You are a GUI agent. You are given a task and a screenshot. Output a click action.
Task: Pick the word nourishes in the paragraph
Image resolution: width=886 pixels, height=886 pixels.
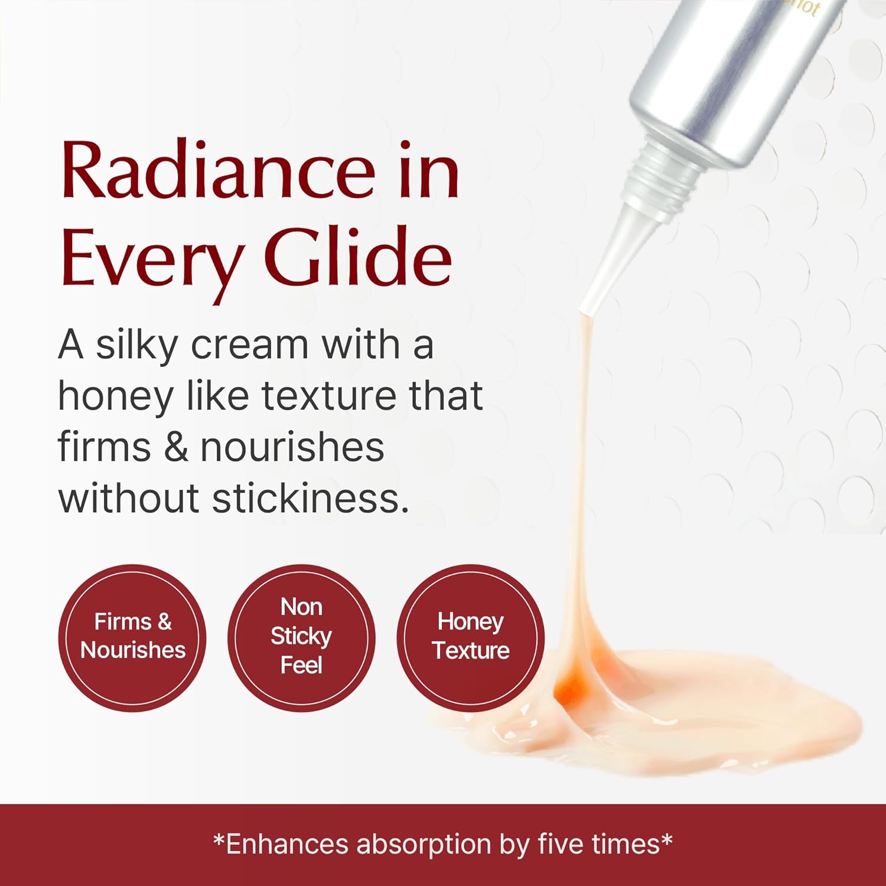coord(292,447)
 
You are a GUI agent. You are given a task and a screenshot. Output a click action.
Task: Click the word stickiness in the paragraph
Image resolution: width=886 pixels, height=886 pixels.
coord(311,498)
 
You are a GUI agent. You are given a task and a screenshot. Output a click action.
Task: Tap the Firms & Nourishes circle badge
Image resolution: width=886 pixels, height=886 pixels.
coord(132,637)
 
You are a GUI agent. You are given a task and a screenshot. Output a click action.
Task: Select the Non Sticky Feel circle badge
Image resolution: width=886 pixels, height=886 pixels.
coord(301,637)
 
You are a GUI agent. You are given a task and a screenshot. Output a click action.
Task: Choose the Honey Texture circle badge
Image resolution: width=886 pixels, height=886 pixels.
coord(470,637)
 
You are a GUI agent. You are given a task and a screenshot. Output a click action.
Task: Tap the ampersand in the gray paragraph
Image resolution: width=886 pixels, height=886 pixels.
coord(175,447)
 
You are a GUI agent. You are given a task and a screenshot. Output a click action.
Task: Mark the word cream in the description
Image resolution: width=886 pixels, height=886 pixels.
coord(250,346)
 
